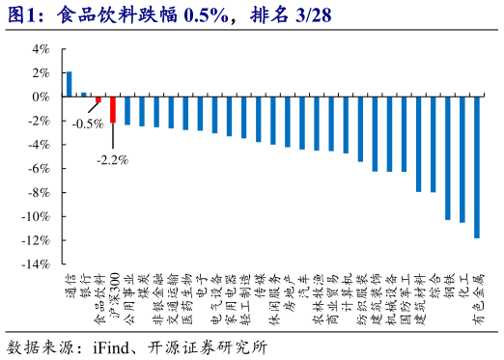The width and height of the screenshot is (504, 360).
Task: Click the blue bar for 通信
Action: coord(70,84)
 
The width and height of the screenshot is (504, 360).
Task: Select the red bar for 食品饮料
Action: coord(98,99)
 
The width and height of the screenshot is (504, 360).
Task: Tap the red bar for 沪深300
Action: coord(113,109)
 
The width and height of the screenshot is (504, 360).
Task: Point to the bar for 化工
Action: coord(462,159)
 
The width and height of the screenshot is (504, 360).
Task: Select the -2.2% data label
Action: coord(113,159)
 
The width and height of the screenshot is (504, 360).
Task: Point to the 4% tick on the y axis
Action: coord(42,48)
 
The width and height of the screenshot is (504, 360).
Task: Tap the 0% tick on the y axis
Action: coord(42,97)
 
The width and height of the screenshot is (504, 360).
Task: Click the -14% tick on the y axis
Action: coord(37,263)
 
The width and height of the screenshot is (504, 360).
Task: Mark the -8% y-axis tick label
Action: coord(39,192)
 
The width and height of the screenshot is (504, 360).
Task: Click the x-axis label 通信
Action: coord(70,283)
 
